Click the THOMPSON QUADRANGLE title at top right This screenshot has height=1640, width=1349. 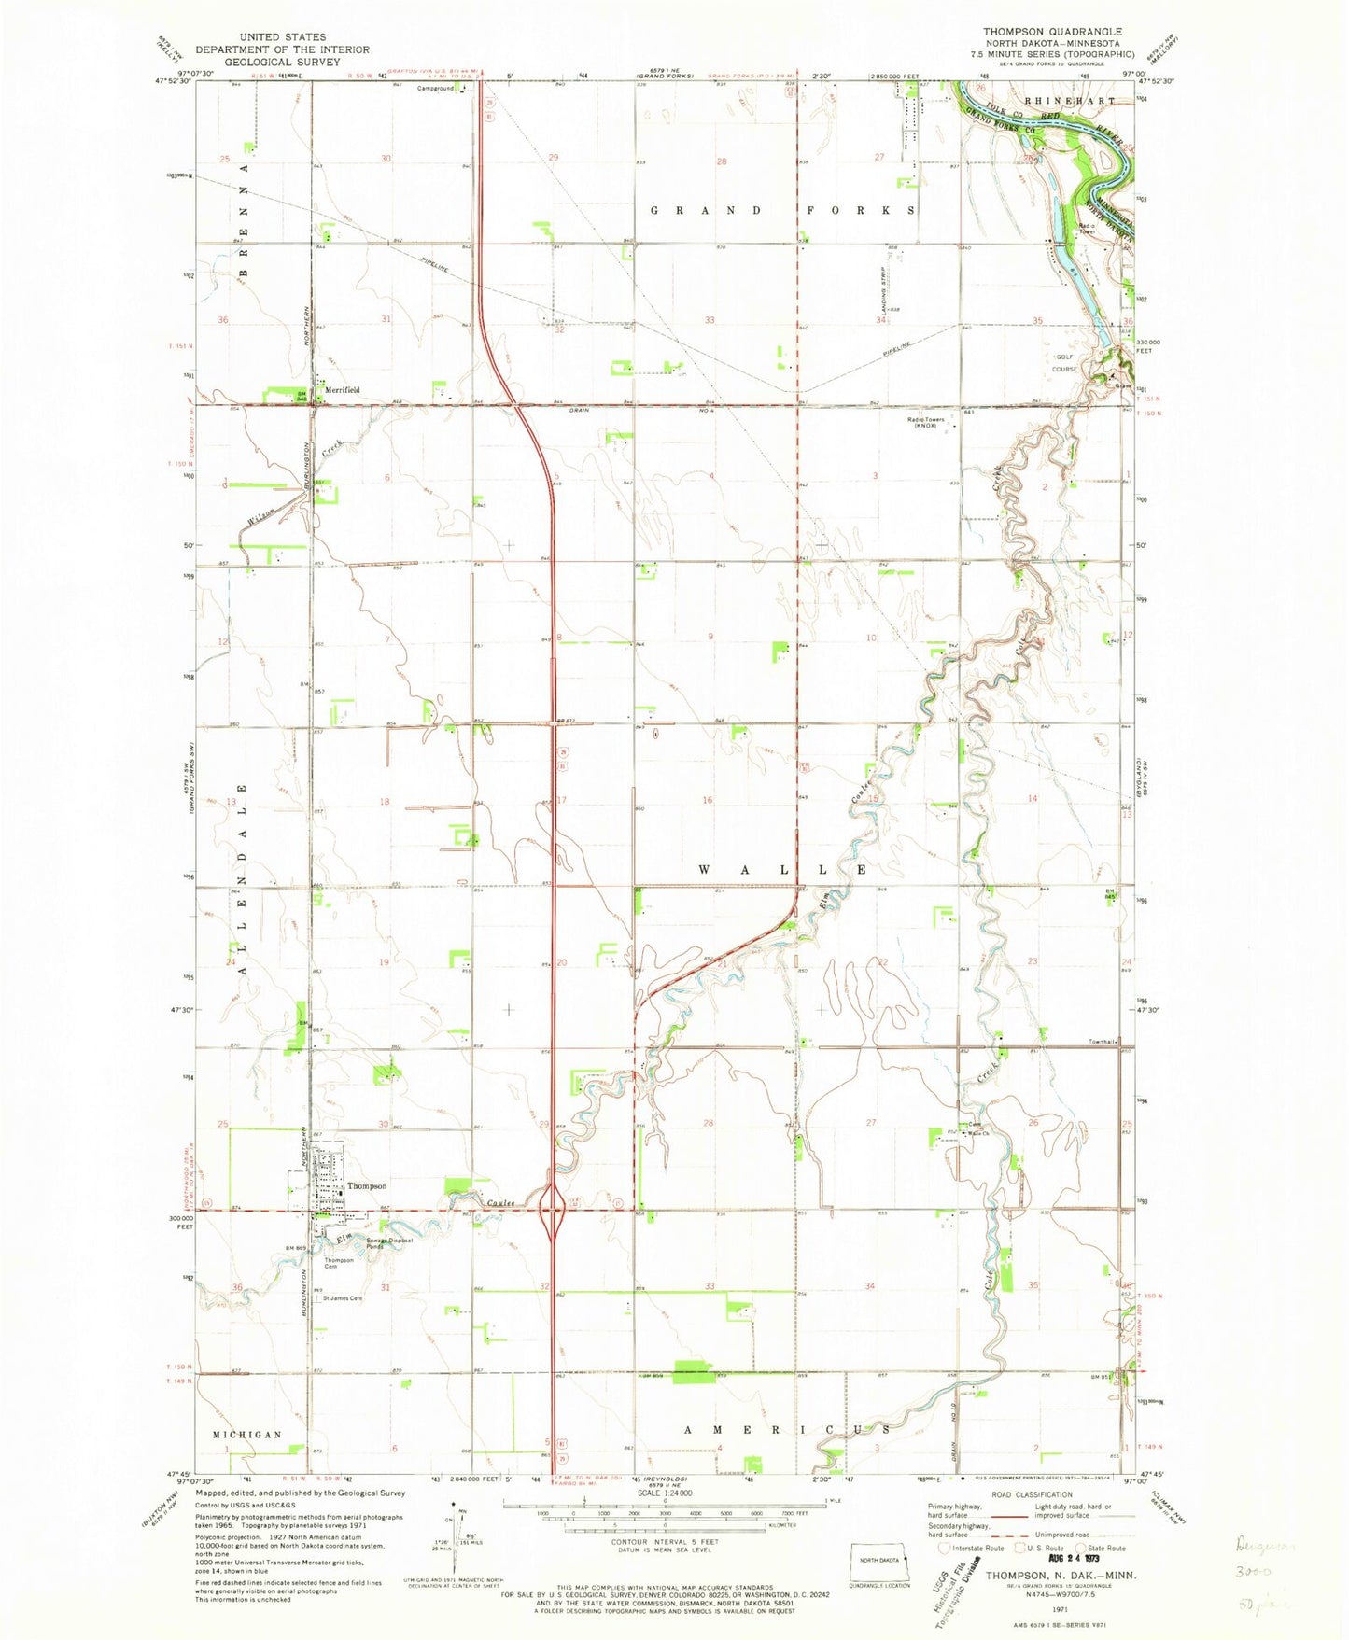pyautogui.click(x=1052, y=32)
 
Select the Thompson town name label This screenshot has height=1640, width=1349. pyautogui.click(x=367, y=1186)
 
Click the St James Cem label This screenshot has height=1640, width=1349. pyautogui.click(x=343, y=1298)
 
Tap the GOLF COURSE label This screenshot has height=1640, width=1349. pyautogui.click(x=1065, y=363)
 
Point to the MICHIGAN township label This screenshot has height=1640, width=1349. pyautogui.click(x=246, y=1435)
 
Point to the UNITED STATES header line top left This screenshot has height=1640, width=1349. pyautogui.click(x=282, y=37)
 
